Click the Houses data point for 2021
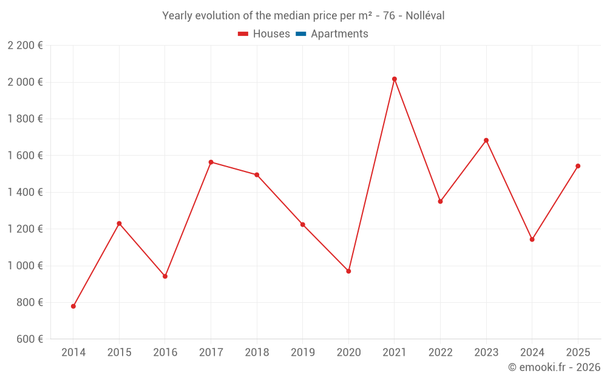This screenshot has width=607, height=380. pyautogui.click(x=395, y=79)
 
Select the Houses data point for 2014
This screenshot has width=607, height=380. pyautogui.click(x=73, y=306)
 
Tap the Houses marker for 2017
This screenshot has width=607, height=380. pyautogui.click(x=211, y=162)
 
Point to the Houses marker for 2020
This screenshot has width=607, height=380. pyautogui.click(x=348, y=271)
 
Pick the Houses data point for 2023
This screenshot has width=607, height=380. pyautogui.click(x=486, y=140)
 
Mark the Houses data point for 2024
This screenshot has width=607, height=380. pyautogui.click(x=532, y=240)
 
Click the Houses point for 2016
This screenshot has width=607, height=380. pyautogui.click(x=165, y=276)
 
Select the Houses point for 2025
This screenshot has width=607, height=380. pyautogui.click(x=578, y=166)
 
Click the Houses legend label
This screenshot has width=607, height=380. pyautogui.click(x=271, y=34)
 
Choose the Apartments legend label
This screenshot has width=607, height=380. pyautogui.click(x=339, y=34)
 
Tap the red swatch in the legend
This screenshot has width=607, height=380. pyautogui.click(x=243, y=34)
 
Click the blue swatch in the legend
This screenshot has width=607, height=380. pyautogui.click(x=301, y=34)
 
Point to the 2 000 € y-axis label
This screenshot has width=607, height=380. pyautogui.click(x=25, y=82)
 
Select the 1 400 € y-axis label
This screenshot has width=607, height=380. pyautogui.click(x=25, y=192)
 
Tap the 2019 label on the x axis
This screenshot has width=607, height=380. pyautogui.click(x=303, y=353)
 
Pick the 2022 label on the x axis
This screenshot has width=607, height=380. pyautogui.click(x=440, y=353)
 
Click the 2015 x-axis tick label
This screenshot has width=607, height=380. pyautogui.click(x=119, y=353)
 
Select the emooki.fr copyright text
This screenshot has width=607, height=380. pyautogui.click(x=554, y=367)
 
